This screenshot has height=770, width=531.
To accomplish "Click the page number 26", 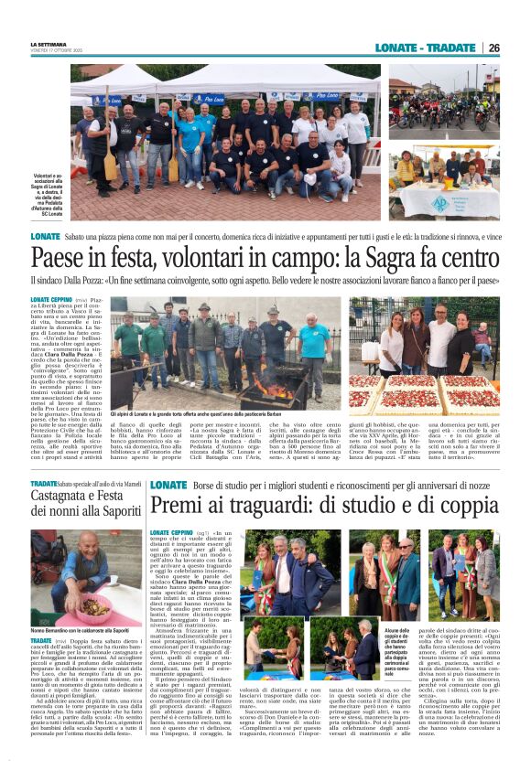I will coord(493,48).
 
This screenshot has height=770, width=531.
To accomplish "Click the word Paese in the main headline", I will coord(57,259).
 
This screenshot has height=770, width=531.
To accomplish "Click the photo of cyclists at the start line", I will coord(443,101).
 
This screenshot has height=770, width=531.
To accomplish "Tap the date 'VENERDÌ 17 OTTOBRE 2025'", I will coord(56,49).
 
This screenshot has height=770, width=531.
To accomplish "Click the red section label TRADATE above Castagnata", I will coord(43,482).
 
